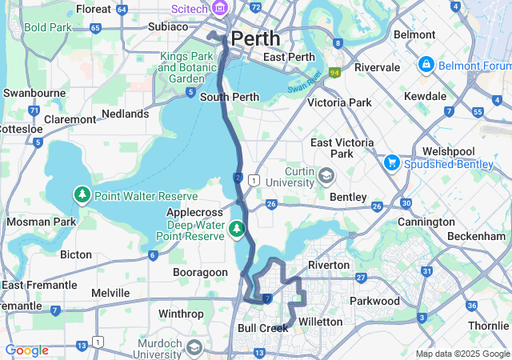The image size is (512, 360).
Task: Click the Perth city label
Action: tap(256, 38)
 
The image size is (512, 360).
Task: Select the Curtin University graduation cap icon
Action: tap(326, 174)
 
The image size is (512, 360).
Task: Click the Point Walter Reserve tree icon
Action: tap(82, 194)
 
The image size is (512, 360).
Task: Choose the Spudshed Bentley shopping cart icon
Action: tap(391, 162)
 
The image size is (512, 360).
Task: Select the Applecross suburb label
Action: tap(194, 213)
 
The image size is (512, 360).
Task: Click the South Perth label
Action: tap(229, 98)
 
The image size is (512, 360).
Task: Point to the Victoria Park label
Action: tap(339, 102)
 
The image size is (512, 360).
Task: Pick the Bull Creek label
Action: tap(262, 328)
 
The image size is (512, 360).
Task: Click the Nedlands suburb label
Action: tap(125, 114)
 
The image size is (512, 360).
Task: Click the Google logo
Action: tap(26, 350)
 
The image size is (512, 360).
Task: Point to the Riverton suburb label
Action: tap(328, 265)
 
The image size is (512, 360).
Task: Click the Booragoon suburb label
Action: tap(201, 272)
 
